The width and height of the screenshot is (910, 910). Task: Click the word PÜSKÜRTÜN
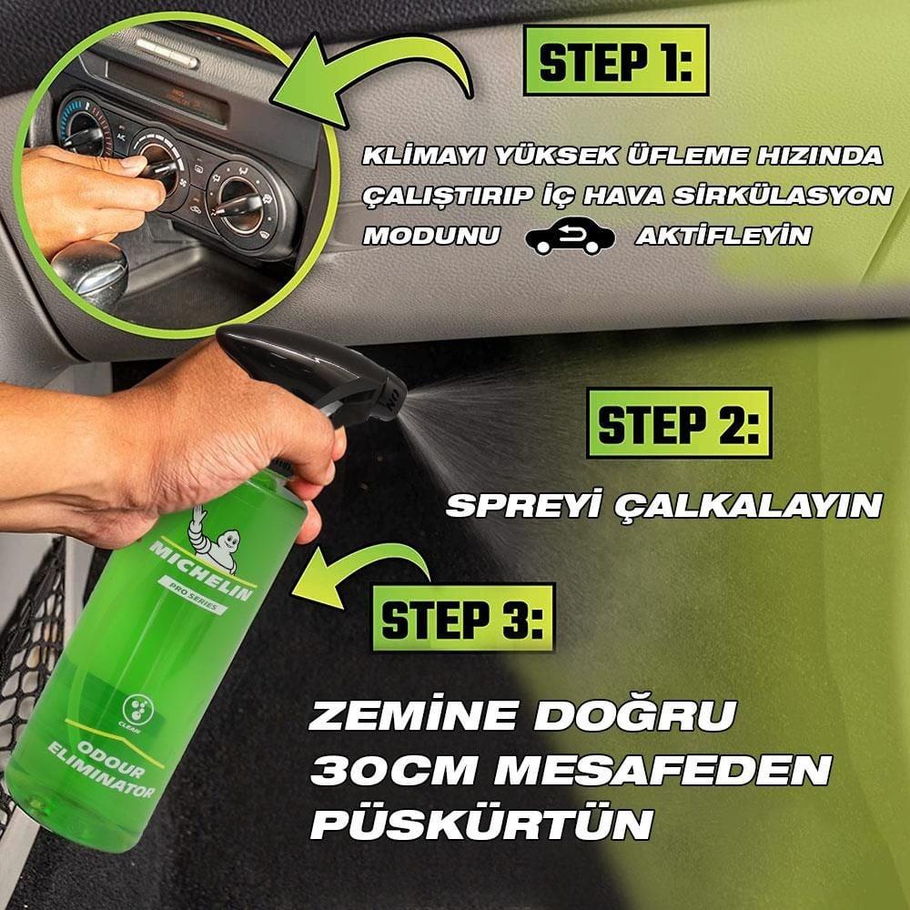(x=482, y=824)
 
